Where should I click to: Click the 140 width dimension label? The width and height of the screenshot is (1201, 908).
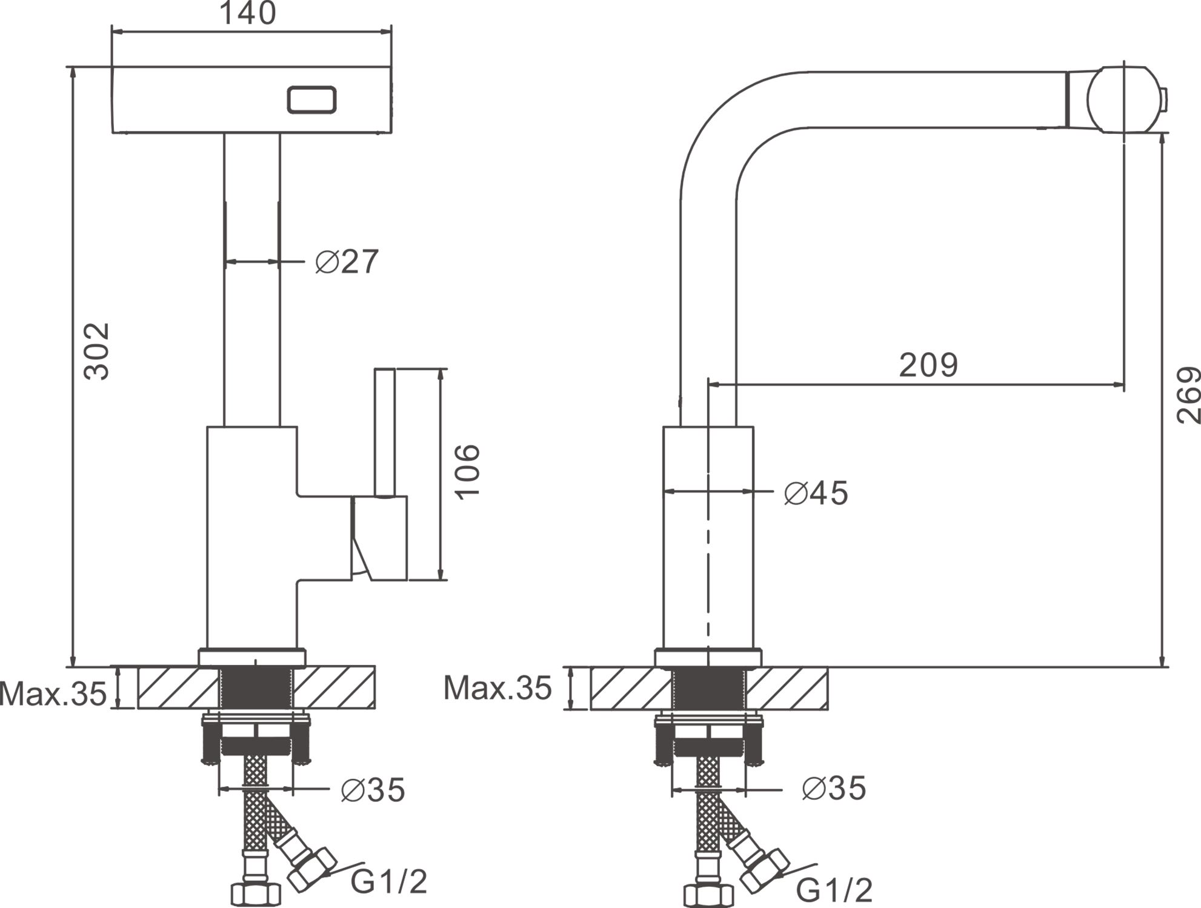pyautogui.click(x=247, y=13)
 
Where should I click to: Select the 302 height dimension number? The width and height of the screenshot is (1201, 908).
pyautogui.click(x=97, y=352)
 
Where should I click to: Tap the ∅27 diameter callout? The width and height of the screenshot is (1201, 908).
pyautogui.click(x=347, y=262)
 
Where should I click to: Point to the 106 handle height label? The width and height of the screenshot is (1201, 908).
pyautogui.click(x=468, y=472)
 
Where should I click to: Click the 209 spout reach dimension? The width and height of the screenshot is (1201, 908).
pyautogui.click(x=928, y=365)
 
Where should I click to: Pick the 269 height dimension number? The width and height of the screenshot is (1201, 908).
pyautogui.click(x=1188, y=395)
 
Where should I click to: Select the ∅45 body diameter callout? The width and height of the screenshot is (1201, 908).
pyautogui.click(x=816, y=493)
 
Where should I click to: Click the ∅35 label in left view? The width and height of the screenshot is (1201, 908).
pyautogui.click(x=373, y=790)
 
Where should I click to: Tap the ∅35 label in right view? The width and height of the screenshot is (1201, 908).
pyautogui.click(x=834, y=789)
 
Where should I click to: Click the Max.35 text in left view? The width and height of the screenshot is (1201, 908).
pyautogui.click(x=53, y=693)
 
